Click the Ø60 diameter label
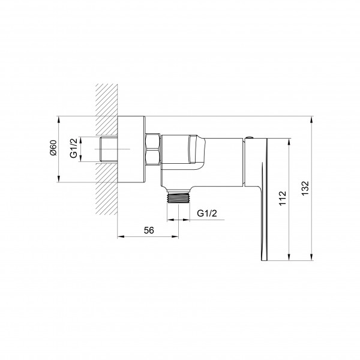[x=53, y=148]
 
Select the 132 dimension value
[x=305, y=188]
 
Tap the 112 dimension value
[x=283, y=199]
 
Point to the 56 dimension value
[x=149, y=230]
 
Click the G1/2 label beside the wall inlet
[x=74, y=148]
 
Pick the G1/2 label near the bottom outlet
[x=207, y=213]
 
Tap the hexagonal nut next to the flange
[x=152, y=149]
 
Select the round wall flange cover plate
[x=131, y=149]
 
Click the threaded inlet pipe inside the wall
[x=109, y=149]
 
